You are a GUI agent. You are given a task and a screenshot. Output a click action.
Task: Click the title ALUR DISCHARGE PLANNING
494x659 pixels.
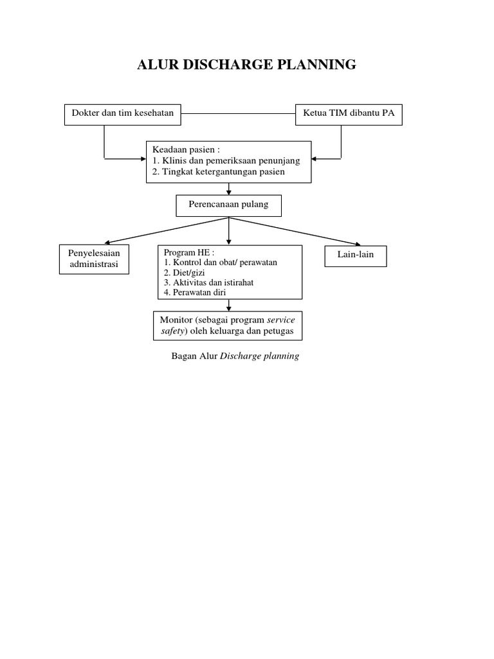247,64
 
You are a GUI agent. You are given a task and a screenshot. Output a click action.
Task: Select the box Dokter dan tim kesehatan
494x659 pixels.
122,114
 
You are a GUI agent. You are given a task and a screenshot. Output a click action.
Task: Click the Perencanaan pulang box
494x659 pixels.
228,205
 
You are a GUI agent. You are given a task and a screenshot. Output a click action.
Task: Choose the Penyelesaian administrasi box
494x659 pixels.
94,259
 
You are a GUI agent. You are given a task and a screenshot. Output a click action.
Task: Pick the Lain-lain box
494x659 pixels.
356,255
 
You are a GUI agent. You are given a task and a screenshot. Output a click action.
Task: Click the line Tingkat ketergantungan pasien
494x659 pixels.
219,172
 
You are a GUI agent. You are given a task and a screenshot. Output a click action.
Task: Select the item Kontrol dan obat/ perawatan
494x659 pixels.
220,263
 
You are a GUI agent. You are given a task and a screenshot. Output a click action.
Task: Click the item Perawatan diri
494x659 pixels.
194,292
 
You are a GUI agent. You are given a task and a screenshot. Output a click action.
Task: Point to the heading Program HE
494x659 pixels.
189,252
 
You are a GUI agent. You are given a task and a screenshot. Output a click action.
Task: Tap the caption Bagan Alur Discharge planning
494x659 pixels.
235,356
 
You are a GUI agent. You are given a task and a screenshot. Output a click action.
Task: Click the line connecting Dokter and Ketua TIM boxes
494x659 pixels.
238,115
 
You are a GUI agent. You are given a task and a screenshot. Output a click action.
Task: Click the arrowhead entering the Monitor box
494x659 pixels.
229,308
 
